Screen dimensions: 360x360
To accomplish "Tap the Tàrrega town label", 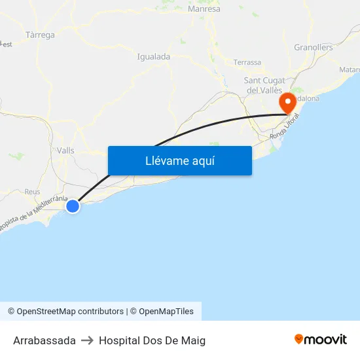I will pyautogui.click(x=40, y=35).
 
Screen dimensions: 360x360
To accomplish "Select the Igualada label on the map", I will pyautogui.click(x=154, y=57).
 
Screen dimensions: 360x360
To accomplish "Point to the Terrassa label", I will pyautogui.click(x=247, y=63).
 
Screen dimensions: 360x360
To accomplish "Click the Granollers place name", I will pyautogui.click(x=314, y=47).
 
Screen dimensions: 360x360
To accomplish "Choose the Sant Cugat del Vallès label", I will pyautogui.click(x=263, y=84).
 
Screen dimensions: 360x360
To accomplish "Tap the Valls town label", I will pyautogui.click(x=65, y=151).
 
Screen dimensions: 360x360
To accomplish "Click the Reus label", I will pyautogui.click(x=32, y=192).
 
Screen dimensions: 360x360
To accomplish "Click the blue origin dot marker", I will pyautogui.click(x=73, y=206).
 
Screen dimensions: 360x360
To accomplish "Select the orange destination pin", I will pyautogui.click(x=287, y=102).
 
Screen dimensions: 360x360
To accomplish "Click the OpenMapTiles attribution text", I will pyautogui.click(x=166, y=312).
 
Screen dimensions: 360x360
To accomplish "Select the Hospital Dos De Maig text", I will pyautogui.click(x=152, y=340).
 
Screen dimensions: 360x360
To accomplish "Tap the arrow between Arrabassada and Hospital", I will pyautogui.click(x=87, y=340).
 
